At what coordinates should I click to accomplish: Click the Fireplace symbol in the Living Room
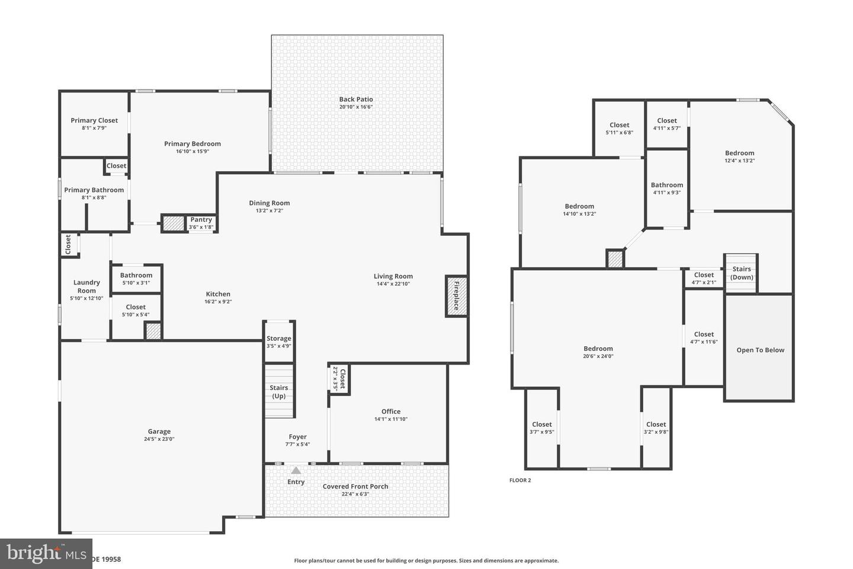pyautogui.click(x=456, y=296)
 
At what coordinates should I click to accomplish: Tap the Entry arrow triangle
pyautogui.click(x=296, y=470)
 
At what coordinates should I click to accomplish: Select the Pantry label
pyautogui.click(x=201, y=220)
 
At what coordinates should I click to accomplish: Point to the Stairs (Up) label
pyautogui.click(x=278, y=392)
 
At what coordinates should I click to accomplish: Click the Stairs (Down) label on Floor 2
pyautogui.click(x=741, y=273)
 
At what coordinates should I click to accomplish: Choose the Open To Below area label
pyautogui.click(x=760, y=350)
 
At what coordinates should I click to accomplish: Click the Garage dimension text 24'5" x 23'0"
pyautogui.click(x=159, y=439)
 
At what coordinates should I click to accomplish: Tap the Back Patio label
pyautogui.click(x=356, y=100)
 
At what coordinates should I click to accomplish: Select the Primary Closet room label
pyautogui.click(x=94, y=120)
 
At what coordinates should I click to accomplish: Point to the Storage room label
pyautogui.click(x=278, y=338)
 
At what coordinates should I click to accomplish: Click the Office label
pyautogui.click(x=390, y=411)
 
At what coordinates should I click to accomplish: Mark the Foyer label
pyautogui.click(x=297, y=437)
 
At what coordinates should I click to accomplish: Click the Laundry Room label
pyautogui.click(x=86, y=286)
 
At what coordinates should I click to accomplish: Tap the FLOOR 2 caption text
pyautogui.click(x=520, y=480)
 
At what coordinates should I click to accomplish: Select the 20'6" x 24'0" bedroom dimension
pyautogui.click(x=598, y=356)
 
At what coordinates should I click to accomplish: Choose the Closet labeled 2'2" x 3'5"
pyautogui.click(x=339, y=378)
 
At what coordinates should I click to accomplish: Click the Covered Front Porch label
pyautogui.click(x=355, y=487)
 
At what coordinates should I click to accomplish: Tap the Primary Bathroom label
pyautogui.click(x=94, y=190)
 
